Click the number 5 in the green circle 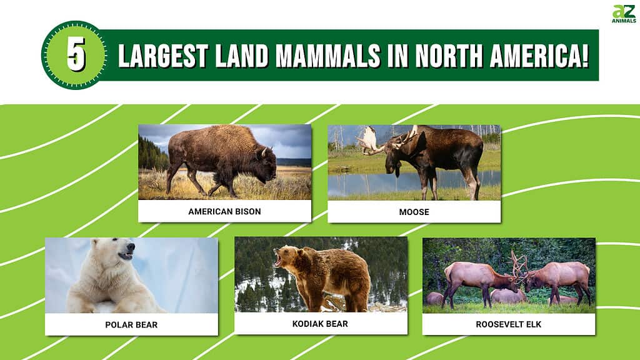pyautogui.click(x=76, y=55)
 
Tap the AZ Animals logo pyautogui.click(x=624, y=14)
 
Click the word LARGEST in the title pyautogui.click(x=163, y=56)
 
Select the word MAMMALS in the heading pyautogui.click(x=328, y=56)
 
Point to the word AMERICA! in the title pyautogui.click(x=539, y=56)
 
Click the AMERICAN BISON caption pyautogui.click(x=224, y=211)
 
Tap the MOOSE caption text pyautogui.click(x=414, y=212)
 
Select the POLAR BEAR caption pyautogui.click(x=131, y=325)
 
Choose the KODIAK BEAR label pyautogui.click(x=320, y=324)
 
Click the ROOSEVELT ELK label pyautogui.click(x=508, y=324)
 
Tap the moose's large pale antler pyautogui.click(x=369, y=141)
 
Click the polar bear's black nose pyautogui.click(x=131, y=246)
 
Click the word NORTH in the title pyautogui.click(x=449, y=56)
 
